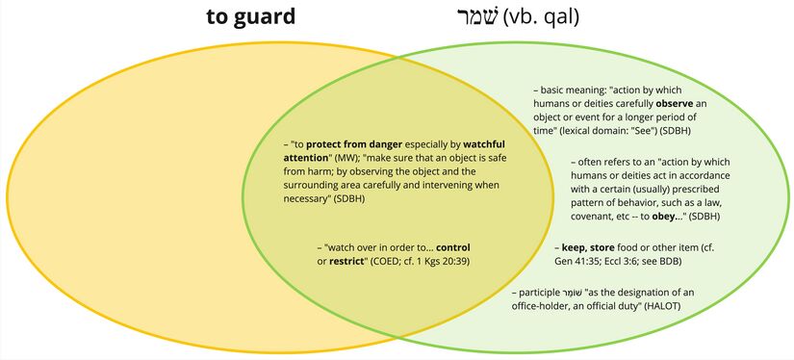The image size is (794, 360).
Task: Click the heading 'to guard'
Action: (x=249, y=17)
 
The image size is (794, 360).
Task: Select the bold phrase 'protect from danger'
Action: (x=353, y=144)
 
